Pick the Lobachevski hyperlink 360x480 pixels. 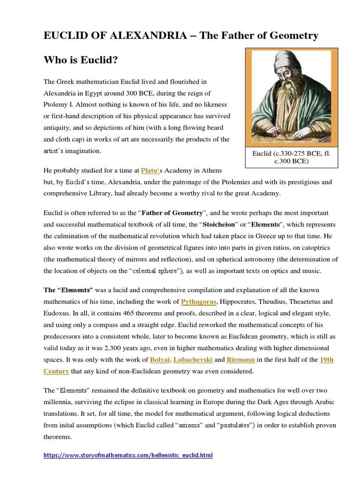click(x=194, y=360)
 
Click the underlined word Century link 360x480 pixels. click(x=56, y=371)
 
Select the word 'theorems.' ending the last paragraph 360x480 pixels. click(x=58, y=437)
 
